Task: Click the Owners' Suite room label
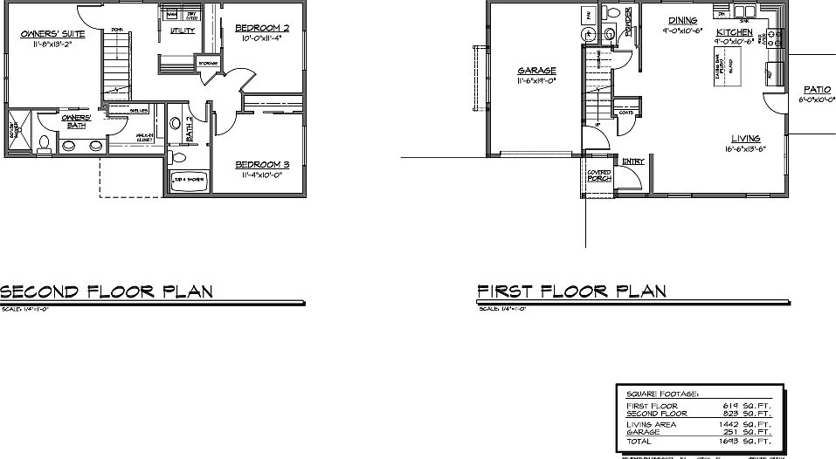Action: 53,35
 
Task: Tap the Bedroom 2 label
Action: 262,28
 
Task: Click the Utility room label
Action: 183,31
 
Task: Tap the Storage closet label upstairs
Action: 208,63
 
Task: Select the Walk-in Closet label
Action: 145,137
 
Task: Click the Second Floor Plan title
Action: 107,291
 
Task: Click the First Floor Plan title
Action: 571,291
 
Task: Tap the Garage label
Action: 537,71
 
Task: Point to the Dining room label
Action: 683,20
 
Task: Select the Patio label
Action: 818,90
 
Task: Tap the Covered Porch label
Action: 598,175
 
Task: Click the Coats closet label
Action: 625,113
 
